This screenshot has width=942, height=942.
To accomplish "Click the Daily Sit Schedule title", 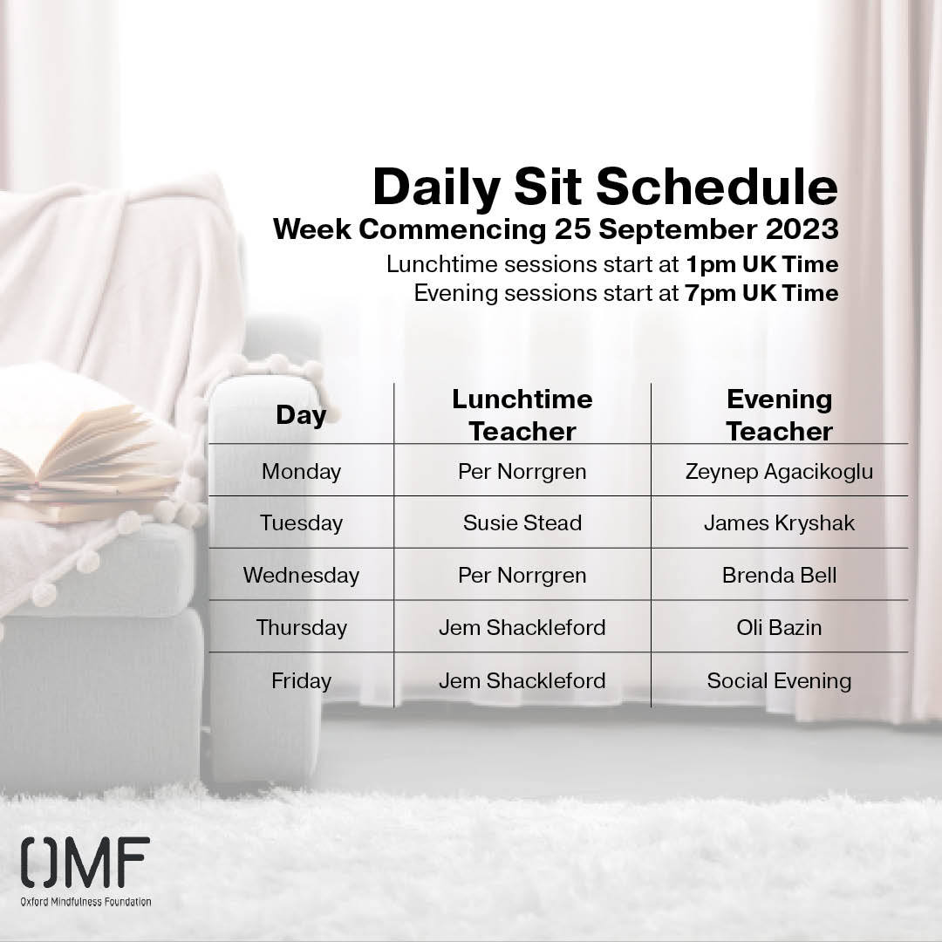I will click(604, 187).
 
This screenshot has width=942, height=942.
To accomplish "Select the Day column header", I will click(301, 415).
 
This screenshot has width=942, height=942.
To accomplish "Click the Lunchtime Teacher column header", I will click(522, 415).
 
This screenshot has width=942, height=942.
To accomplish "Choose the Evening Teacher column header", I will click(779, 415).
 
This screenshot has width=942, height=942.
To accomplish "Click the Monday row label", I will click(301, 472).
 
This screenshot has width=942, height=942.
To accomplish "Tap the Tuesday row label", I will click(301, 523).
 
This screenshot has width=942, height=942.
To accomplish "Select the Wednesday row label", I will click(301, 576).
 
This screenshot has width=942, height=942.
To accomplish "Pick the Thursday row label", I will click(301, 628).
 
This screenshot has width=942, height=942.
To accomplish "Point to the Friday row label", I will click(301, 680).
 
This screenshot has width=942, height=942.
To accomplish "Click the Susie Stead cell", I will click(522, 523).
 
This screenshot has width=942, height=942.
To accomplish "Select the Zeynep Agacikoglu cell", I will click(779, 472).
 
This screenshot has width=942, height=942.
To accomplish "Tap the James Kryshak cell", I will click(779, 523).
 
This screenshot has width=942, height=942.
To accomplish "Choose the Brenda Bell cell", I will click(779, 576).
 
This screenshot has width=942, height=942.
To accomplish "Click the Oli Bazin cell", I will click(779, 628).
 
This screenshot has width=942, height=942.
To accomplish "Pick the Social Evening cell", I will click(779, 680).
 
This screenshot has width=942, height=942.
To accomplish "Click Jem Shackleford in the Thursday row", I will click(522, 628).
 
